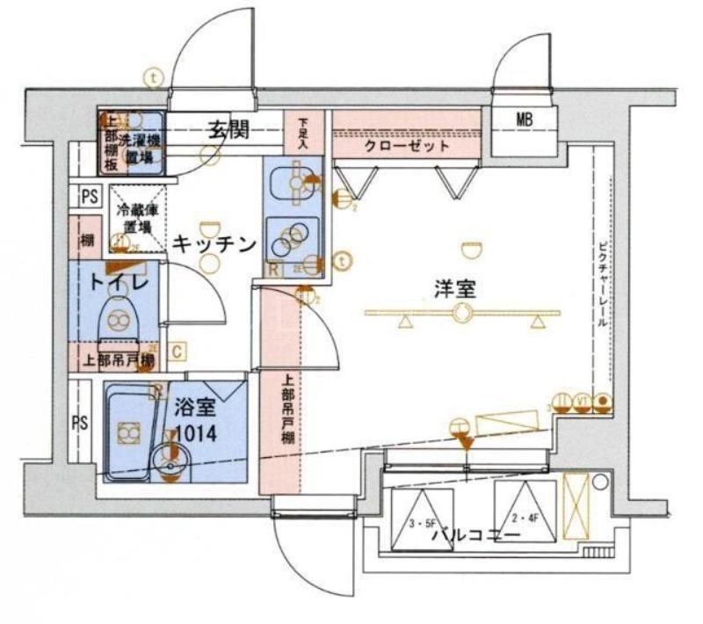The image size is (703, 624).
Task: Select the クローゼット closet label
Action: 405,147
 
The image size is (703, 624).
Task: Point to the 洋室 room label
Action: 454,288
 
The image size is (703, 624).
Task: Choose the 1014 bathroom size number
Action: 196,433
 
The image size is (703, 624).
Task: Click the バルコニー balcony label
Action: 475,534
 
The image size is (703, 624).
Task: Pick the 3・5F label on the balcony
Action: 424,525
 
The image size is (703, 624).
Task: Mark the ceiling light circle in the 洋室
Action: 461,315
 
